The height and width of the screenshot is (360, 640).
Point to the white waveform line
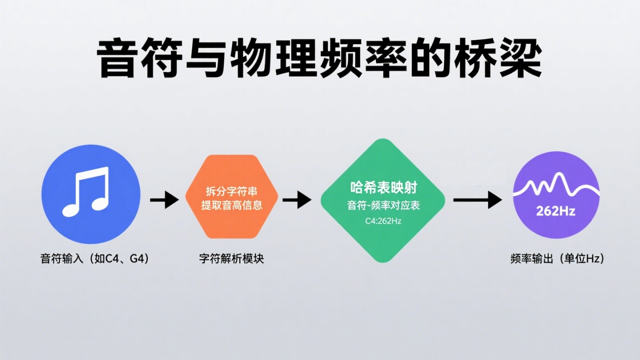click(x=556, y=185)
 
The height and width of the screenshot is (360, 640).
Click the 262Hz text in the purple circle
click(x=555, y=211)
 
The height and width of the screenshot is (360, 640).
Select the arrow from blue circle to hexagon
click(x=165, y=200)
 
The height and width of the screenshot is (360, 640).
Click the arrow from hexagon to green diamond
click(x=297, y=200)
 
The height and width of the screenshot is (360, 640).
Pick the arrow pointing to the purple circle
click(x=477, y=200)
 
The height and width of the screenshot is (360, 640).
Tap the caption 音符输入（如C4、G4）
click(x=95, y=259)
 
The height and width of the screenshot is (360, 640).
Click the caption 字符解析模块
click(x=232, y=259)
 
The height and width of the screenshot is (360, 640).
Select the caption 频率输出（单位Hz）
click(x=557, y=259)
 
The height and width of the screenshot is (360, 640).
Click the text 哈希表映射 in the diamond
click(x=383, y=187)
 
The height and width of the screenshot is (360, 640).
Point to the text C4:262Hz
click(x=383, y=221)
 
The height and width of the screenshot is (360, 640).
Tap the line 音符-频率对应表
click(x=383, y=205)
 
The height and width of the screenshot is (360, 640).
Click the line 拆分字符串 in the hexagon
click(x=232, y=192)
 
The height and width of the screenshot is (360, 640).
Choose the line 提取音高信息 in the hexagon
click(x=232, y=205)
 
